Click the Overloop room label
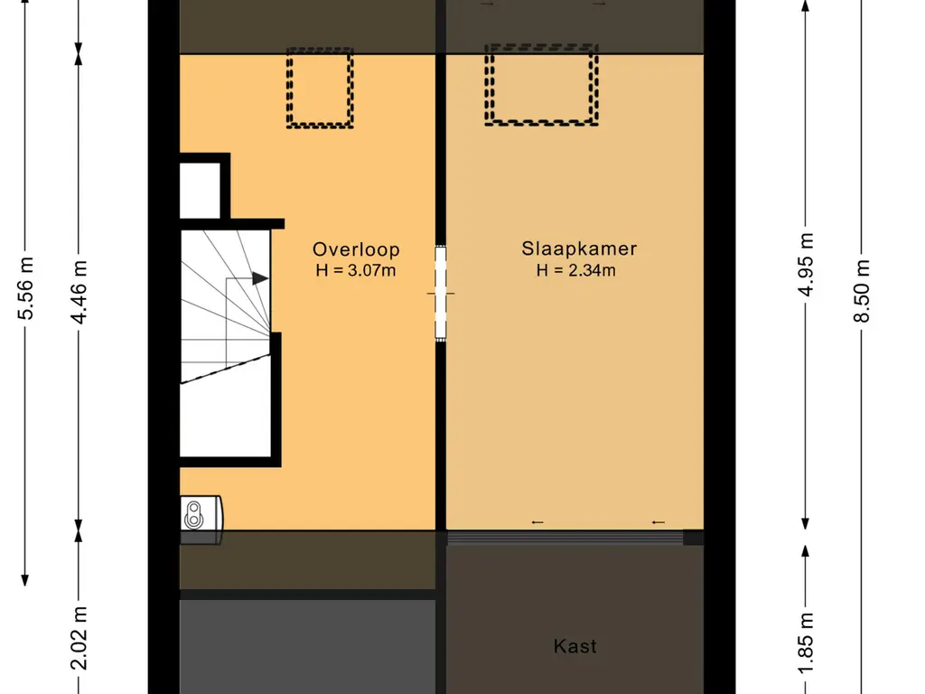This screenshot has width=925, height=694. pyautogui.click(x=356, y=249)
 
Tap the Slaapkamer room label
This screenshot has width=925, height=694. pyautogui.click(x=579, y=249)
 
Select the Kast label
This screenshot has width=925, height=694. pyautogui.click(x=575, y=646)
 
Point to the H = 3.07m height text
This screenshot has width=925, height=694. pyautogui.click(x=356, y=271)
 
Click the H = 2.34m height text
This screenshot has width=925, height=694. pyautogui.click(x=576, y=270)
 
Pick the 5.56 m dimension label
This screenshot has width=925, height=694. pyautogui.click(x=25, y=288)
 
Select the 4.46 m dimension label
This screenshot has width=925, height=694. pyautogui.click(x=79, y=292)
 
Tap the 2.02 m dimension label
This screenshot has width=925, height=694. pyautogui.click(x=79, y=639)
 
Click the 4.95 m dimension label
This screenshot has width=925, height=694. pyautogui.click(x=806, y=265)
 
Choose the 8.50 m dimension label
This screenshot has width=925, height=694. pyautogui.click(x=861, y=291)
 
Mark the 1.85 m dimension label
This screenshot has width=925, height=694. pyautogui.click(x=806, y=643)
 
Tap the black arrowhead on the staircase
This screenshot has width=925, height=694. pyautogui.click(x=260, y=278)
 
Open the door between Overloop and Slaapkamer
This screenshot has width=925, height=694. pyautogui.click(x=441, y=293)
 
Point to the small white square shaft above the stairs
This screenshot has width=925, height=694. pyautogui.click(x=200, y=191)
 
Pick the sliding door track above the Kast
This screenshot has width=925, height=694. pyautogui.click(x=565, y=537)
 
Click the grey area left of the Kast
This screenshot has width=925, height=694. pyautogui.click(x=307, y=647)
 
